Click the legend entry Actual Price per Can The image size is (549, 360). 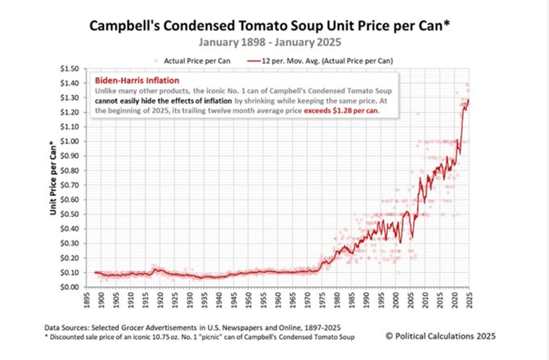(195, 60)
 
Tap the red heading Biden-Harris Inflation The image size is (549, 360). (137, 80)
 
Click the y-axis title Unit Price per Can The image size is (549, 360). (54, 178)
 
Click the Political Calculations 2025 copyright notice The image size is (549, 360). (440, 336)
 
